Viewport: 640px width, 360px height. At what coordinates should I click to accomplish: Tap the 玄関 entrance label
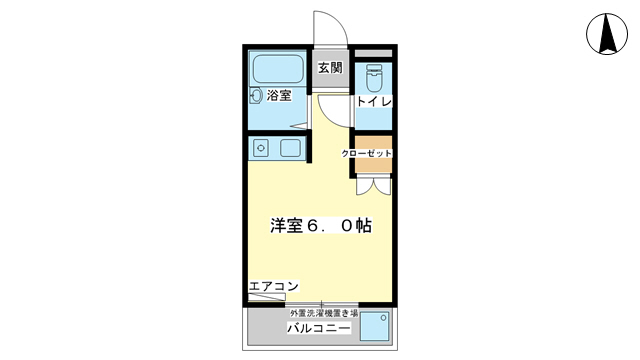[330, 69]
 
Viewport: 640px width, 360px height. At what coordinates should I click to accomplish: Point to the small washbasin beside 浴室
[255, 97]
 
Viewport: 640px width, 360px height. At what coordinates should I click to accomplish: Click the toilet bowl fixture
[375, 76]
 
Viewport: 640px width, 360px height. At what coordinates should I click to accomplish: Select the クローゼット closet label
[366, 153]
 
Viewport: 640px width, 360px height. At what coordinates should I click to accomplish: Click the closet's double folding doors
[373, 185]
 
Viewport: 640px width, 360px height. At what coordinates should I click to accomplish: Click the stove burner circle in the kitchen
[261, 149]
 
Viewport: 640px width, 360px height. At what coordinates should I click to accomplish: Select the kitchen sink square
[290, 149]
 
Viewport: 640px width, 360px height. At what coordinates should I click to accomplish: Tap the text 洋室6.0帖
[320, 226]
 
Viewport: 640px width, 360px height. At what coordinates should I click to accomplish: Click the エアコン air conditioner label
[273, 287]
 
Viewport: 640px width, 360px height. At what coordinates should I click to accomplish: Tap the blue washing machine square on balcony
[374, 327]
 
